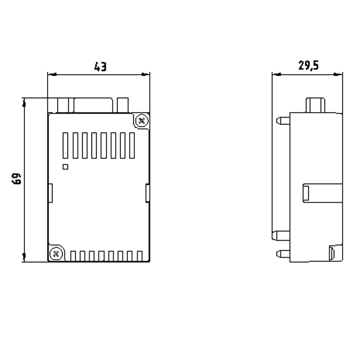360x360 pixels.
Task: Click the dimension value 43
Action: coord(100,67)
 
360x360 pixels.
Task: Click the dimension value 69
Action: coord(17,179)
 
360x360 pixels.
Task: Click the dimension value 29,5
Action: coord(308,66)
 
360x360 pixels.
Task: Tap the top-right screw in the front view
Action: coord(142,120)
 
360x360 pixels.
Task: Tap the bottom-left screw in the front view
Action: coord(55,253)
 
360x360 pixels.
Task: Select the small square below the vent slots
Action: coord(65,166)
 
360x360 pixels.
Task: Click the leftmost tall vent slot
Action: coord(66,145)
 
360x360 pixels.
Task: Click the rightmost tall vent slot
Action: coord(131,145)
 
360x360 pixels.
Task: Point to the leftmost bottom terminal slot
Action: coord(73,256)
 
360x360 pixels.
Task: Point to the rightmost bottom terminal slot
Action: coord(140,256)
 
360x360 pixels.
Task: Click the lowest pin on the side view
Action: coord(283,254)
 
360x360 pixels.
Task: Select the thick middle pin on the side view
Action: coord(281,236)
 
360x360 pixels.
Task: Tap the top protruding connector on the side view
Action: coord(315,105)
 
